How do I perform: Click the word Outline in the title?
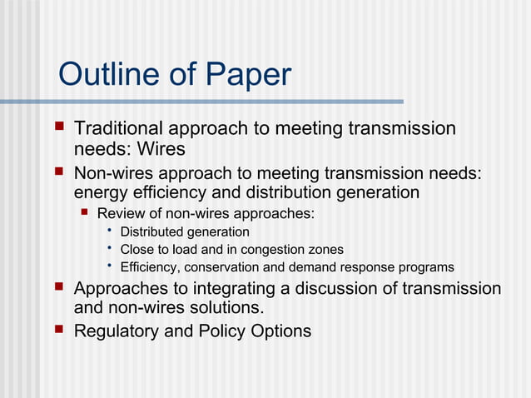[x=107, y=75]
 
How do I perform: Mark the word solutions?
[x=226, y=310]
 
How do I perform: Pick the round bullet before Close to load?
[x=109, y=249]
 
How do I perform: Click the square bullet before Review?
[x=83, y=213]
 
